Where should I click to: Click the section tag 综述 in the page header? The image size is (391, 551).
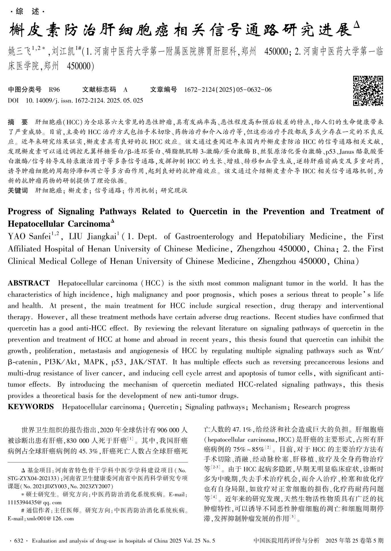27,12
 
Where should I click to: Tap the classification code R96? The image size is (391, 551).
54,90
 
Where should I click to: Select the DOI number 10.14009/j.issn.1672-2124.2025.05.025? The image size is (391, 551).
84,100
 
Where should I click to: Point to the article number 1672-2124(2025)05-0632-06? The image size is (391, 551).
228,90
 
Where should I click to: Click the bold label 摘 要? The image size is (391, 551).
18,122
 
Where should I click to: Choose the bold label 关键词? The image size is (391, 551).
18,190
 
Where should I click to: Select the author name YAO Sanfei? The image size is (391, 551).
31,237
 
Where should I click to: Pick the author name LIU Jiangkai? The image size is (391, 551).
91,237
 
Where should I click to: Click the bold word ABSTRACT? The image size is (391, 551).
29,283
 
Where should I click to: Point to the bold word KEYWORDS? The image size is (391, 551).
31,407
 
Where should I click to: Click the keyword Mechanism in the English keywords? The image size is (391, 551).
269,407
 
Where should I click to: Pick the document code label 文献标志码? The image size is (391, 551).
99,90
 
